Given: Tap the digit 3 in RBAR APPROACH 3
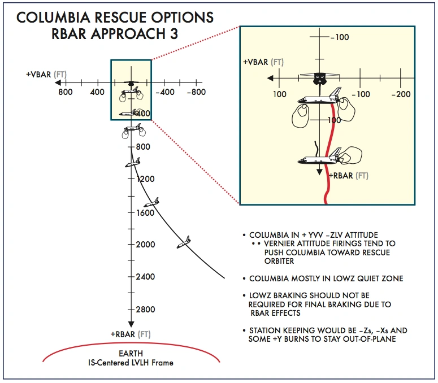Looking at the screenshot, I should (x=172, y=33).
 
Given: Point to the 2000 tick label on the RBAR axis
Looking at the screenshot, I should (x=145, y=245).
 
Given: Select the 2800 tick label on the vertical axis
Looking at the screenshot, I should (x=145, y=310).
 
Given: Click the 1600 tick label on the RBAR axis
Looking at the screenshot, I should (x=145, y=212).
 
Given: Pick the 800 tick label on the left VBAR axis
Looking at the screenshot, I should (x=65, y=92).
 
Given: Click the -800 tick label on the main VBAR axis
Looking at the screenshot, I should (x=196, y=92).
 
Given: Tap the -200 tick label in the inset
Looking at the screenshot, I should (x=402, y=94).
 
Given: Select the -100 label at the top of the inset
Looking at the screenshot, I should (x=340, y=37).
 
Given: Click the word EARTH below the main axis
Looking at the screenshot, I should (x=131, y=355).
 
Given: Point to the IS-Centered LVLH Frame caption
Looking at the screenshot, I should (x=132, y=363).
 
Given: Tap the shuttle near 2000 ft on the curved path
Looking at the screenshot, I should (x=183, y=242).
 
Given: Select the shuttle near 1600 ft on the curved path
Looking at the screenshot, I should (x=151, y=202).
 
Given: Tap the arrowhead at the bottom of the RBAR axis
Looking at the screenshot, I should (x=131, y=324).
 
